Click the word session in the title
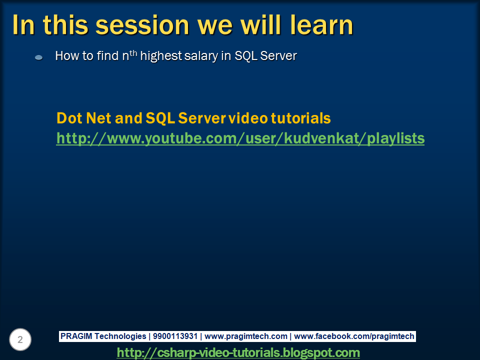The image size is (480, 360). (142, 25)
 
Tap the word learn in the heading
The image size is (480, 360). (321, 25)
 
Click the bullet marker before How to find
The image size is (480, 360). (38, 57)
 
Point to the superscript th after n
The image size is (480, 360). (133, 53)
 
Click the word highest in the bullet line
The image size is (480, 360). (161, 56)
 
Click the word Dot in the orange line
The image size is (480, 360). (69, 118)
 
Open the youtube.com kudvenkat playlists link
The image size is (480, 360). (240, 138)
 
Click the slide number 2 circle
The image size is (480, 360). (20, 339)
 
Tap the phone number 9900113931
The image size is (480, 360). (175, 336)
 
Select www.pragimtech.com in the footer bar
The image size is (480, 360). (246, 336)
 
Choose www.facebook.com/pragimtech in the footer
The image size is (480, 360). (354, 336)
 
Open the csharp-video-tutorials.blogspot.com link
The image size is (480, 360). (238, 352)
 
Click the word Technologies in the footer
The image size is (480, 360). (120, 336)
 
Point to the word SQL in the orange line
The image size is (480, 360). (160, 118)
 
